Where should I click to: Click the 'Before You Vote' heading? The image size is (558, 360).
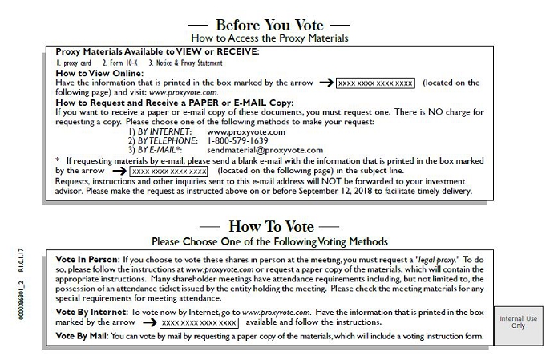point(269,26)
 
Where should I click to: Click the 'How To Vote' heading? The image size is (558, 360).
point(271,227)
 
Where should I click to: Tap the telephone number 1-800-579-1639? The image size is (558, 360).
point(238,141)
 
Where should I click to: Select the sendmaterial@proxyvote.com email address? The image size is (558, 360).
point(265,150)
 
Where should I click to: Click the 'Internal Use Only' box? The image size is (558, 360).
point(519,326)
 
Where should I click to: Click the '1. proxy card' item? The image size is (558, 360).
point(73,63)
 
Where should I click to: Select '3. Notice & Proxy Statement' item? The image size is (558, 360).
point(185,63)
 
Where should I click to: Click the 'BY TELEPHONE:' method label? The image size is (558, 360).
point(168,141)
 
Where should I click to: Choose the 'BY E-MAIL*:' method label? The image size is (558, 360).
point(160,150)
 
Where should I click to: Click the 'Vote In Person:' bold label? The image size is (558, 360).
point(88,259)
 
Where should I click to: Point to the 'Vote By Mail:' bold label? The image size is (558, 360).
point(82,336)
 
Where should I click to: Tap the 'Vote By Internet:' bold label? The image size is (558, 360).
point(92,313)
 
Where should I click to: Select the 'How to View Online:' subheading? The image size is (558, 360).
point(99,73)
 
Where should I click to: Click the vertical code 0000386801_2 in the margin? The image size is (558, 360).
point(22,300)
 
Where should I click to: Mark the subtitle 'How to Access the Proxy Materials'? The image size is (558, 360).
point(269,38)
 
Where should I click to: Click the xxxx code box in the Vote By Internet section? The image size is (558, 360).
point(199,323)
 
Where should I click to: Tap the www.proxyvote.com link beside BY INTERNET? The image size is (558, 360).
point(246,132)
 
